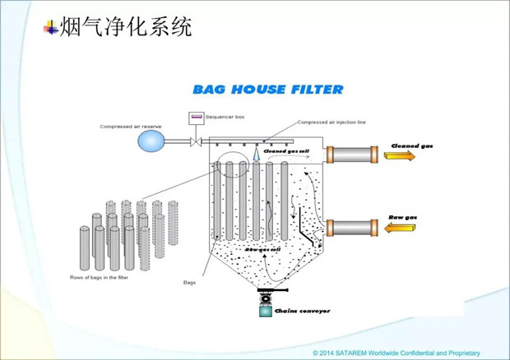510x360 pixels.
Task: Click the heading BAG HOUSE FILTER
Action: [x=267, y=89]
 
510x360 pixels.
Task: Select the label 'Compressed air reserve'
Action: [x=129, y=127]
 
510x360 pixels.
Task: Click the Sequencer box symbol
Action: [x=197, y=117]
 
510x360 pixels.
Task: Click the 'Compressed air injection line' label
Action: [x=331, y=122]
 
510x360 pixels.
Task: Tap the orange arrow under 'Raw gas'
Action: [x=403, y=229]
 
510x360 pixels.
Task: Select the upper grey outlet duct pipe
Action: [x=354, y=154]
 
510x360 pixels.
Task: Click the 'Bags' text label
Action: [x=190, y=282]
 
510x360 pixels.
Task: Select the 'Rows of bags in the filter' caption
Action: [x=95, y=278]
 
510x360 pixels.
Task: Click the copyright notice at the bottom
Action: [x=395, y=352]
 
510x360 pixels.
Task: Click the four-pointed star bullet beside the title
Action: [x=52, y=28]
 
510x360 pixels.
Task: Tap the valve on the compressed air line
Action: [x=195, y=143]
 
